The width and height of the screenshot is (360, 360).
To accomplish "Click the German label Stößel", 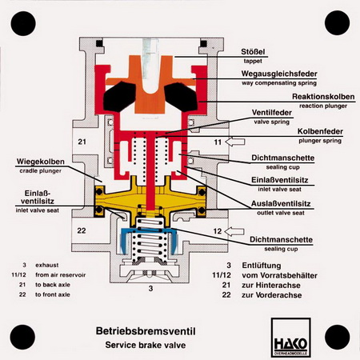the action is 253,51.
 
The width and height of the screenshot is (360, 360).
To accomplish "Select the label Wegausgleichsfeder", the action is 279,74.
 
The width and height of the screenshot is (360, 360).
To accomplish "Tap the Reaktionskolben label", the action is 323,97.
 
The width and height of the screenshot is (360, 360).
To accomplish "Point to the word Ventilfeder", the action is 272,113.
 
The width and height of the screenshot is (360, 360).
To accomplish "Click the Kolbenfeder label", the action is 320,131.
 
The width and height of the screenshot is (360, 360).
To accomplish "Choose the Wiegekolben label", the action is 41,162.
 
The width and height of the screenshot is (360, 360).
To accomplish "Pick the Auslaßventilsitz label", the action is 281,204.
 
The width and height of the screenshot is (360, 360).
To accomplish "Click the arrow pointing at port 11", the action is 235,142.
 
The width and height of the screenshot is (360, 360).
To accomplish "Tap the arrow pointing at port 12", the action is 234,231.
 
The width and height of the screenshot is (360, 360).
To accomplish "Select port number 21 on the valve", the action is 82,142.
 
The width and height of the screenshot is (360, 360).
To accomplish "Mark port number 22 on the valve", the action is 82,230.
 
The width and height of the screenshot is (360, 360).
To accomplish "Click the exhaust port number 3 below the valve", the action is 150,288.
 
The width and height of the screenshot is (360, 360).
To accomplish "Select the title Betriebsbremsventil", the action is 146,331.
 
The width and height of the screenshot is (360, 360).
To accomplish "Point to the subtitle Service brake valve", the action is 146,345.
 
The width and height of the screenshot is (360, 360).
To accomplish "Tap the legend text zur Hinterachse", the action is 271,286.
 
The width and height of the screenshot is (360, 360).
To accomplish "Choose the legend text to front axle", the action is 53,294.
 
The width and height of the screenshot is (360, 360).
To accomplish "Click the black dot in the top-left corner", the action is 23,23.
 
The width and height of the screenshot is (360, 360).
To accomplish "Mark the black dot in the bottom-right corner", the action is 338,337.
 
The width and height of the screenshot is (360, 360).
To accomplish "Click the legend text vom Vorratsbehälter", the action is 279,275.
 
